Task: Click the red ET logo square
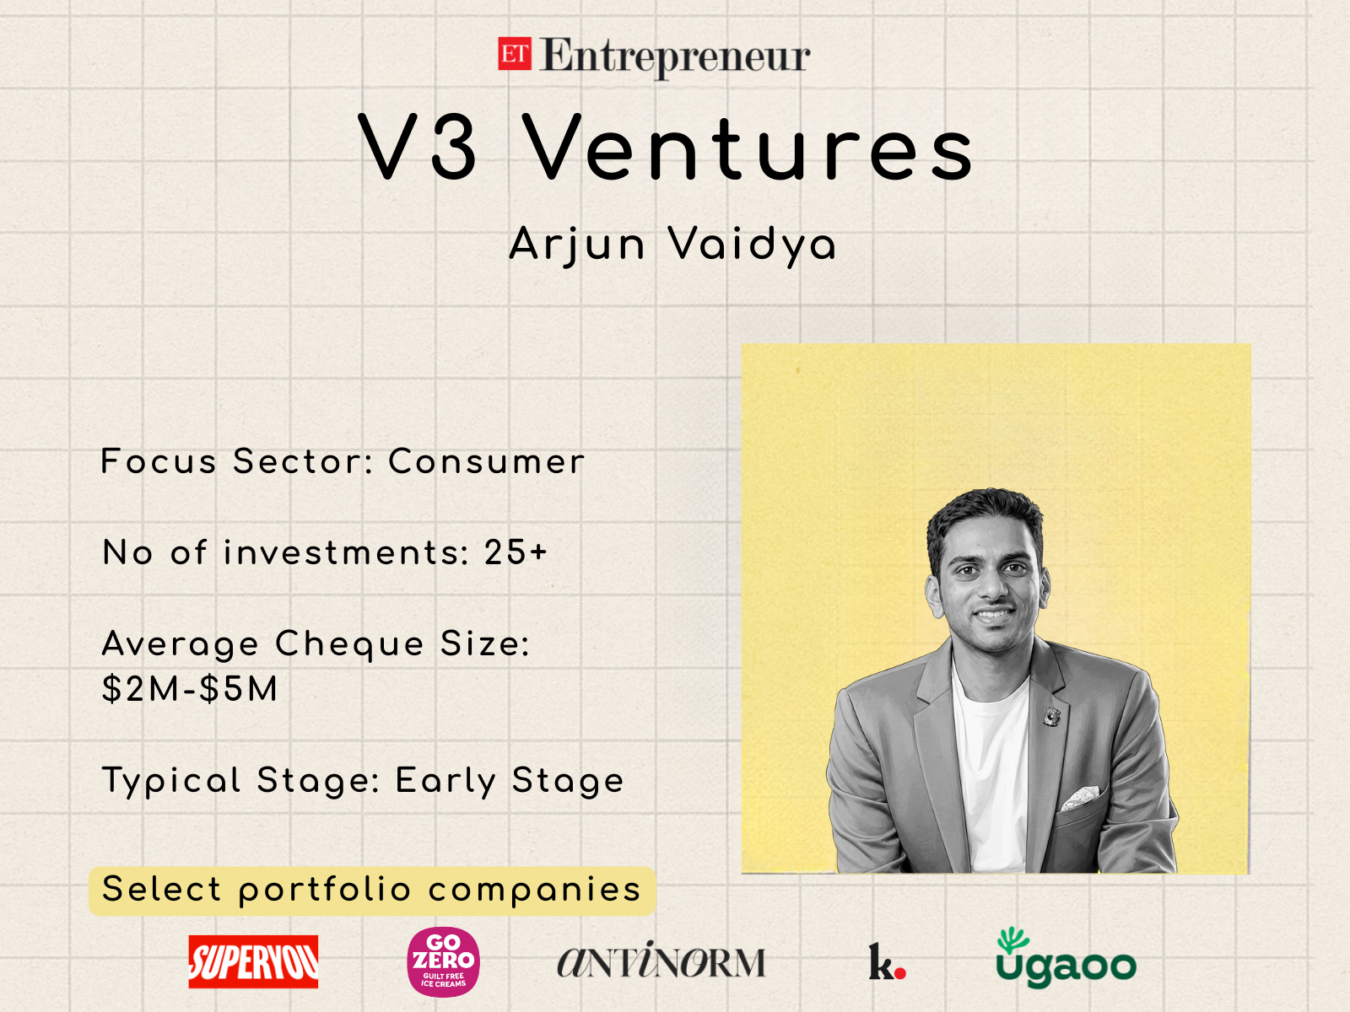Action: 515,54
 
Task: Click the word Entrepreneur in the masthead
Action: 675,57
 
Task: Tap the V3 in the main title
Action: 418,148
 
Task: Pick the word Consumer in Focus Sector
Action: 486,461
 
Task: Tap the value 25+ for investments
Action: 516,552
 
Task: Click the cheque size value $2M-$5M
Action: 190,688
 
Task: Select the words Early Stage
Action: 510,781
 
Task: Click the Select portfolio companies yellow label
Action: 372,891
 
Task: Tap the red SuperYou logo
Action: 253,961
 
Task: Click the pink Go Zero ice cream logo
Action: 444,961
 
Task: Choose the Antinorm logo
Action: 661,960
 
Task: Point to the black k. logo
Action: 887,961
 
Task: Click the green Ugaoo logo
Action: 1066,959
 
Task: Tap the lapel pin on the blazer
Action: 1051,716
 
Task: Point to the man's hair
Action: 984,516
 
